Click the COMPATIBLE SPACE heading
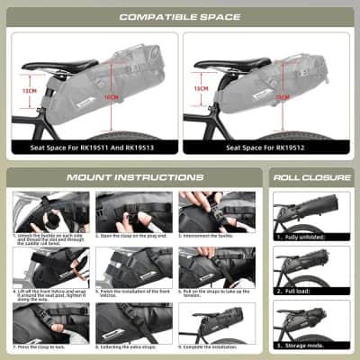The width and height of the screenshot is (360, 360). pos(180,15)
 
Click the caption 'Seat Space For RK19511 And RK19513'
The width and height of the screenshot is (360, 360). pos(92,147)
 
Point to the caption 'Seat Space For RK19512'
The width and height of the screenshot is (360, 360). pos(267,147)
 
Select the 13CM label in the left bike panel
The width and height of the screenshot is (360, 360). pos(29,90)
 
